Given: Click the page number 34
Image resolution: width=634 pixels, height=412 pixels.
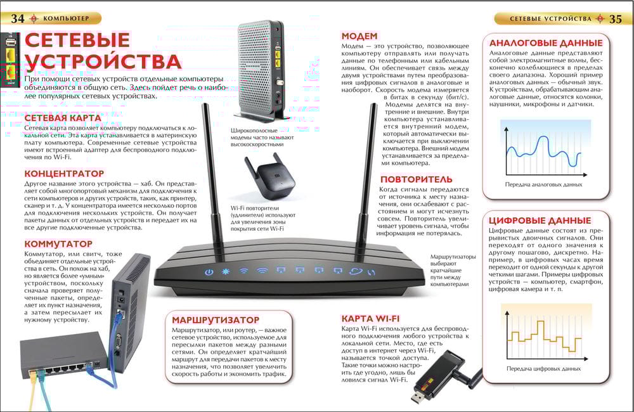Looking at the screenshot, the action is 17,18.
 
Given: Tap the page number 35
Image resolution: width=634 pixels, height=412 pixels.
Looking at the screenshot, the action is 616,19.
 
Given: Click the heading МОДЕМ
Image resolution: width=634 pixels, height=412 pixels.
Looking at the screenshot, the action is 359,36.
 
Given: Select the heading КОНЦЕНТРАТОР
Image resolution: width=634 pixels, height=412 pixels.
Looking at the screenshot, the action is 64,174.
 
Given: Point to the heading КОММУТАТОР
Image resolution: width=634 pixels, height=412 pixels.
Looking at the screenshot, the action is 58,244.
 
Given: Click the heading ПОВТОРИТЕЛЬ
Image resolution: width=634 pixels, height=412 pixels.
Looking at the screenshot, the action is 417,179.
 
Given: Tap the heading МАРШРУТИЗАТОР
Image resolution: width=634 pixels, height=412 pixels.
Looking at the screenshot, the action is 216,320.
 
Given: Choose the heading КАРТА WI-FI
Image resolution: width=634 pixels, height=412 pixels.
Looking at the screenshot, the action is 370,319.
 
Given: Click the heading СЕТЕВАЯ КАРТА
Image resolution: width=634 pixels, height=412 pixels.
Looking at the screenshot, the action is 63,118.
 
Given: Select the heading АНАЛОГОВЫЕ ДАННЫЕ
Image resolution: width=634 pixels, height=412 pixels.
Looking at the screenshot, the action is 546,43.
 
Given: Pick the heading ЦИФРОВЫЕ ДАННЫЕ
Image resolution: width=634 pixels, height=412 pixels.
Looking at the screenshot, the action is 540,221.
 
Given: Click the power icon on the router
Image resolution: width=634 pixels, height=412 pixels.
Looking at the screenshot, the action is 209,272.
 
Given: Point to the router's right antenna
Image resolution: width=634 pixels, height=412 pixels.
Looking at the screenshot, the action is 365,182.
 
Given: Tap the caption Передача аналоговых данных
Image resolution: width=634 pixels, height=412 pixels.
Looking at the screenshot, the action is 543,184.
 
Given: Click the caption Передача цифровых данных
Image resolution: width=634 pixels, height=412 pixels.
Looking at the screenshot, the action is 543,369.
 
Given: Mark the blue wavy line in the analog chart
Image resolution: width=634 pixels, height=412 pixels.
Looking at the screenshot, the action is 544,151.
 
